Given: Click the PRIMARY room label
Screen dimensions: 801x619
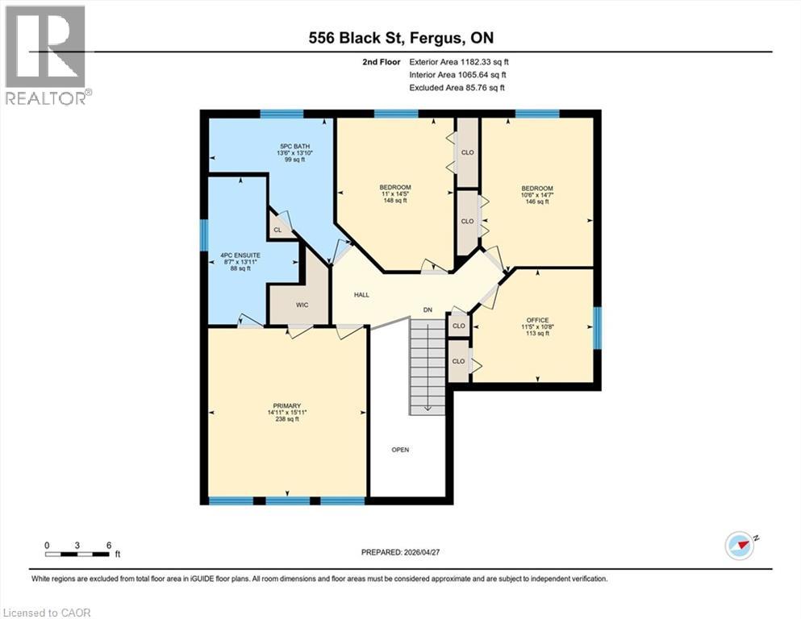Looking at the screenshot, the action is pos(286,406).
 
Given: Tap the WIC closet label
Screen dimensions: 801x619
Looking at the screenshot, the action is pos(302,305).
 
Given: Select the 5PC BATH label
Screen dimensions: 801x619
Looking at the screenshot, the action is pos(294,147).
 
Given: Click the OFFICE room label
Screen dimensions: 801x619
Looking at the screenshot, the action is pos(537,320).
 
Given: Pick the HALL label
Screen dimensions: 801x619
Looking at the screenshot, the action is pos(361,295).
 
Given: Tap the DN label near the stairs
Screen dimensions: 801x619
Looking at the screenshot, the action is pos(428,309).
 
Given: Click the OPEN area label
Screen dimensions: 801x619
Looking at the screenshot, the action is pos(400,450).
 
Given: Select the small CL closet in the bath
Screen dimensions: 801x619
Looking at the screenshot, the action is pos(277,231).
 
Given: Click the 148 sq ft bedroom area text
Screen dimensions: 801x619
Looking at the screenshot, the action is pos(395,201).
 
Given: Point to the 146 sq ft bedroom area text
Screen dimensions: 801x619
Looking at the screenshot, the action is pos(537,201).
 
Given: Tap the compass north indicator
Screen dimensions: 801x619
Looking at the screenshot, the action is pos(741,546).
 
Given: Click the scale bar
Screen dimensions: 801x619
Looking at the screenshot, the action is pos(77,555).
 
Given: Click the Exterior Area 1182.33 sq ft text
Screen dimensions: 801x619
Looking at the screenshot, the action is pos(459,62).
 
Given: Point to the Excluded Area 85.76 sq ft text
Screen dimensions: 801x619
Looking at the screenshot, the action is pos(457,87).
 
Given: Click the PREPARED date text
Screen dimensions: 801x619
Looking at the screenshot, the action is pos(400,552).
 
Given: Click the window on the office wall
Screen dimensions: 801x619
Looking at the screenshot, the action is pos(597,327).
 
